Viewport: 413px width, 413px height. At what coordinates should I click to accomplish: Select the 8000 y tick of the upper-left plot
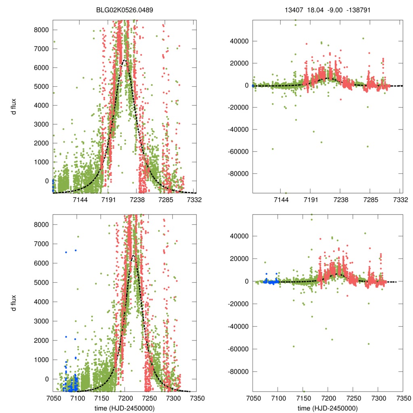click(42, 30)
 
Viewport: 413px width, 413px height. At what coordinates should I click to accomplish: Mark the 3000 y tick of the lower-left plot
click(42, 321)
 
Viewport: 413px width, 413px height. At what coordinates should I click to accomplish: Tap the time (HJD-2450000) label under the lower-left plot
click(125, 408)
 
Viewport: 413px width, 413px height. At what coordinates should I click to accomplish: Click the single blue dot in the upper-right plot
click(253, 86)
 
